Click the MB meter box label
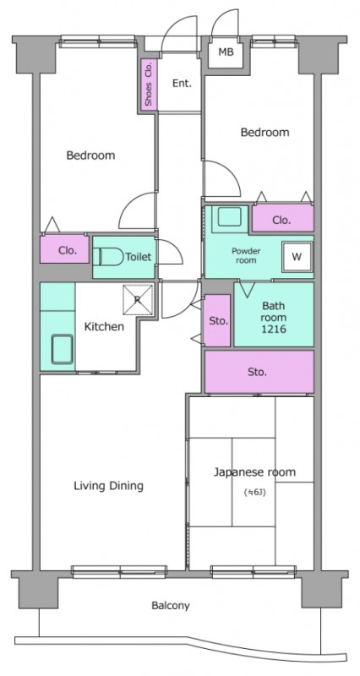[226, 52]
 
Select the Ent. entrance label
[182, 84]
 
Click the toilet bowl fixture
[107, 257]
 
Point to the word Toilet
[139, 257]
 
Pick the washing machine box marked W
[296, 257]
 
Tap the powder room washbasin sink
[229, 216]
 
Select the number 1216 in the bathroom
[274, 330]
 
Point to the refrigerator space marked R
[138, 300]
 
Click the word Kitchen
[103, 327]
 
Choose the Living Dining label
[109, 486]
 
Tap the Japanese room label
[255, 472]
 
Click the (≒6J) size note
[254, 492]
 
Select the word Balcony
[171, 606]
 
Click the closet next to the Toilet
[65, 248]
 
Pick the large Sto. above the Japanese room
[259, 372]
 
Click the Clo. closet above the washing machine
[283, 218]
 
